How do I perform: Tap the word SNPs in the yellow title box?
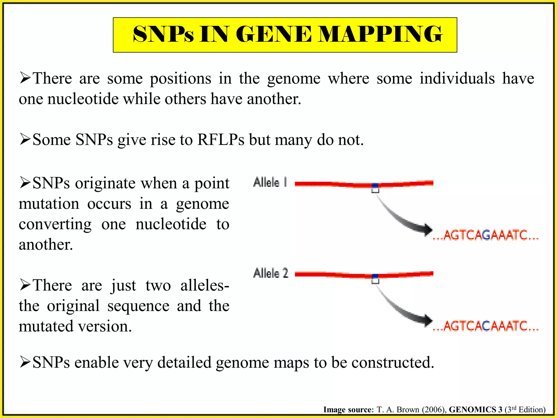click(163, 35)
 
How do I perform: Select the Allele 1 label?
click(270, 183)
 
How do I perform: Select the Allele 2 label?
click(271, 273)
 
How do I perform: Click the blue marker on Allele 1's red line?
click(375, 185)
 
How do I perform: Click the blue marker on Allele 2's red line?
click(375, 276)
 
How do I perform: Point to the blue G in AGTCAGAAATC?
click(487, 235)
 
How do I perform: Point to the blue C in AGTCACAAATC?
click(487, 326)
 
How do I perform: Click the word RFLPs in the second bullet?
click(221, 140)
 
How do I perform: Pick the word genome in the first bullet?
click(294, 79)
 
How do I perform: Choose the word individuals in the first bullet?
click(457, 79)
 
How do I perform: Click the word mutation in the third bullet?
click(49, 204)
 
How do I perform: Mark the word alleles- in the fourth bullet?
click(205, 285)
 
